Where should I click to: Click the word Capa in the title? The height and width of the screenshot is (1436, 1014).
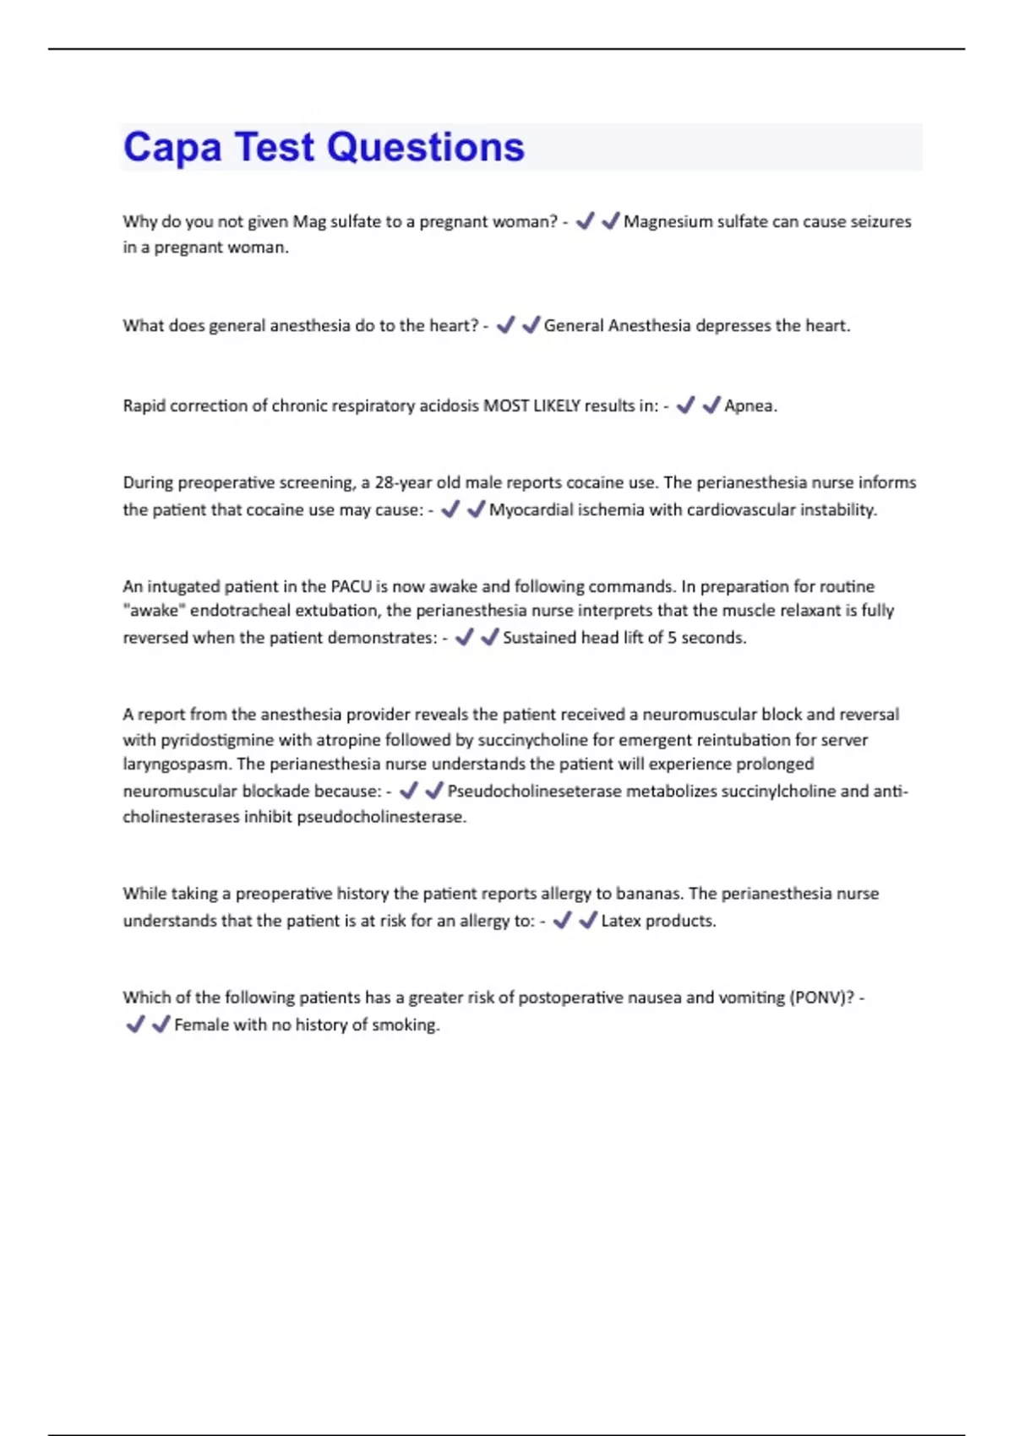pos(172,149)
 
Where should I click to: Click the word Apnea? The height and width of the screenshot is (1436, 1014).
pos(750,405)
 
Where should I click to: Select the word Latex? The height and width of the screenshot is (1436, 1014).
pos(621,921)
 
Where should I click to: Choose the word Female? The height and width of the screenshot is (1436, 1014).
pos(199,1025)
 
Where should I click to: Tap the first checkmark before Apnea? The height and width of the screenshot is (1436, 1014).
pos(685,405)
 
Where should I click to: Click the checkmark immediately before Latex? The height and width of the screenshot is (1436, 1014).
pos(588,920)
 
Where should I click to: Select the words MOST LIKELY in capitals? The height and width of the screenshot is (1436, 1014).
pos(532,405)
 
